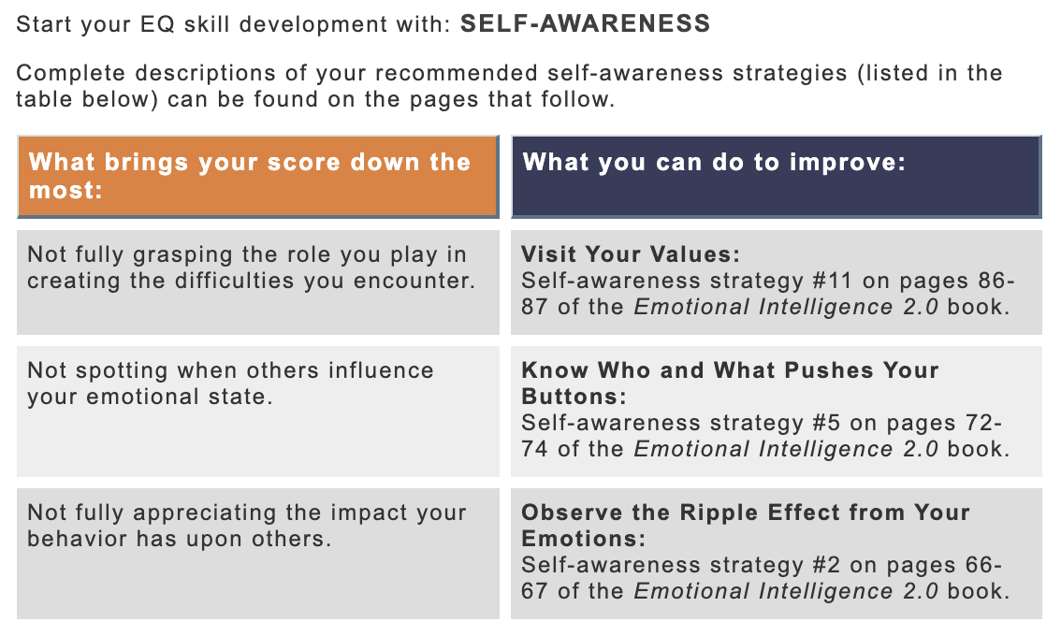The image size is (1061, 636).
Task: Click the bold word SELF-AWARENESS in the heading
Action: point(586,23)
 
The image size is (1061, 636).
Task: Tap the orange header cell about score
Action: point(258,177)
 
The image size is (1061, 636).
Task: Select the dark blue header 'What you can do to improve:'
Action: point(777,177)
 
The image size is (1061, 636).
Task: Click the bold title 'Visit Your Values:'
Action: point(631,254)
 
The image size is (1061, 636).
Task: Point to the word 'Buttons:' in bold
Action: point(574,397)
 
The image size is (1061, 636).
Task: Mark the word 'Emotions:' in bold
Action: point(583,539)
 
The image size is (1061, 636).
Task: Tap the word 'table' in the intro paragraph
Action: point(44,99)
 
